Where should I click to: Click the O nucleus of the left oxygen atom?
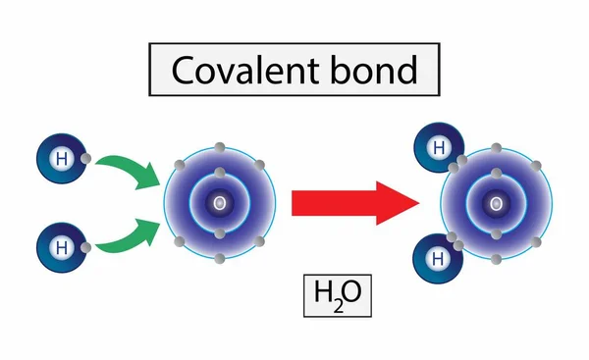point(219,203)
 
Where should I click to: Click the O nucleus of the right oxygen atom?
point(497,203)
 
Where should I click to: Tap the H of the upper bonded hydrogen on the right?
point(438,148)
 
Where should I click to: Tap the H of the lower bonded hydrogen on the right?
point(438,257)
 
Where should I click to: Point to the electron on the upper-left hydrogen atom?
point(87,159)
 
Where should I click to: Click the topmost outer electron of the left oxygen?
point(219,148)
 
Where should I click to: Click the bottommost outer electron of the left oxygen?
point(219,259)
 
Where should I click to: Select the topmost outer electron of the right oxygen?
point(497,148)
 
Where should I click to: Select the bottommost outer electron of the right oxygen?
point(497,259)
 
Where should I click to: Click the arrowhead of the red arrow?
point(402,203)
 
